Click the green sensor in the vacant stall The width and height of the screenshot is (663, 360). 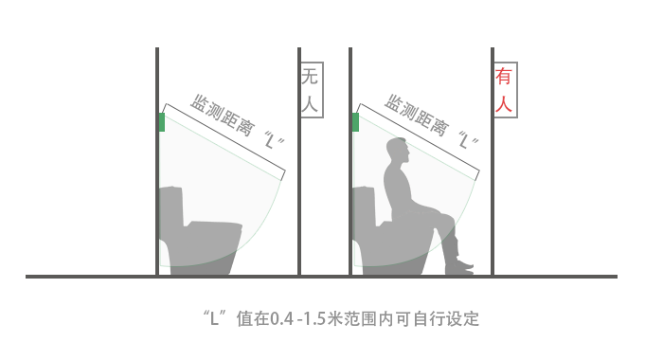point(162,122)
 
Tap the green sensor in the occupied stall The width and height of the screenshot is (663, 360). point(355,122)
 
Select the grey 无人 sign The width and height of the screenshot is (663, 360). point(312,90)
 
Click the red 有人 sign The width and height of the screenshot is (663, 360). point(506,90)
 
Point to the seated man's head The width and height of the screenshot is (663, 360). point(398,151)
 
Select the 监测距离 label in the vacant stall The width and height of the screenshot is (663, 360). point(222,116)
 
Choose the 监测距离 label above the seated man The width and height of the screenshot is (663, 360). point(415,116)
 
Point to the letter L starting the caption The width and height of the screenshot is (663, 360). point(215,318)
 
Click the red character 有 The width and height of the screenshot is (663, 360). point(504,76)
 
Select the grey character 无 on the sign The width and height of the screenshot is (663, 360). point(310,77)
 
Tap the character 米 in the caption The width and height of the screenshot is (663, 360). point(335,318)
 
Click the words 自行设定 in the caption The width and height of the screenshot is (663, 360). point(446,318)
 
